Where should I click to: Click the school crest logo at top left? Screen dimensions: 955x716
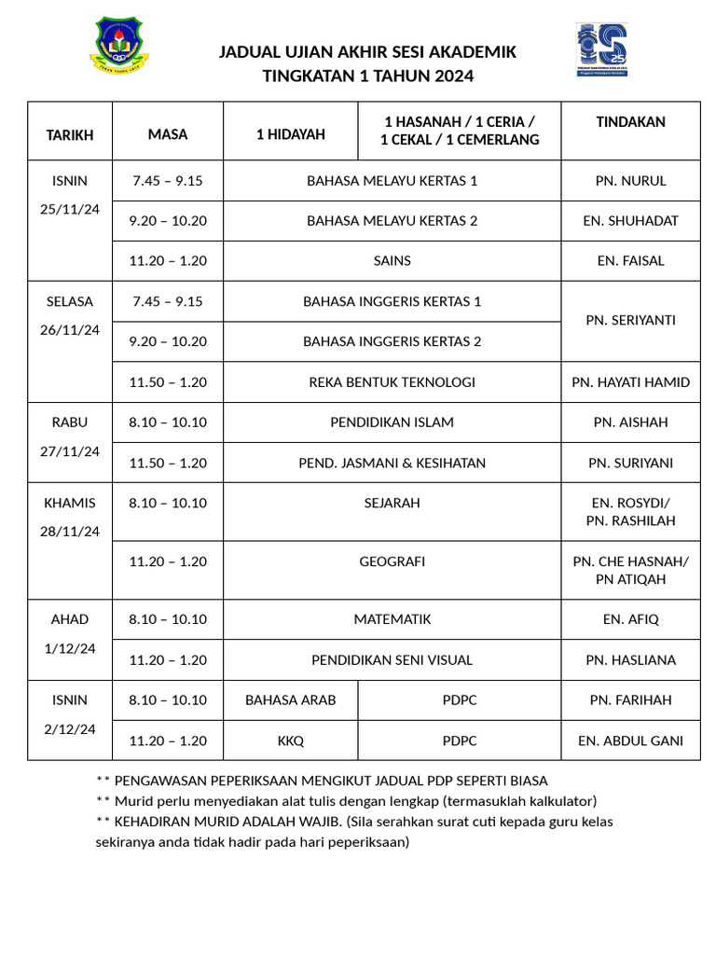[x=118, y=46]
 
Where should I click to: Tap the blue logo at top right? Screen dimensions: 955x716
[x=601, y=49]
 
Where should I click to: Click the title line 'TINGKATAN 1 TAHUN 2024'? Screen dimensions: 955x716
[x=367, y=76]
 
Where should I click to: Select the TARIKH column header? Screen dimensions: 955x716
[x=70, y=134]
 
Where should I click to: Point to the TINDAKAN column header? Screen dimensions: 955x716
[x=630, y=122]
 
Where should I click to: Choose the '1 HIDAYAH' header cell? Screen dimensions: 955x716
[x=291, y=134]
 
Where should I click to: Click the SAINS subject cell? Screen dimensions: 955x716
[x=392, y=261]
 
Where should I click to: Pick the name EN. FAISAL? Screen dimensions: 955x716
[x=630, y=261]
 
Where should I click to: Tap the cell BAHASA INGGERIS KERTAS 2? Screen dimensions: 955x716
[x=392, y=341]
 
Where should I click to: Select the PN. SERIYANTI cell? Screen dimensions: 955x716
[x=630, y=320]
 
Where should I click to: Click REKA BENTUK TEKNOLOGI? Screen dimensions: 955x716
[x=392, y=381]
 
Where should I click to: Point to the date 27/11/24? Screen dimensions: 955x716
[x=70, y=451]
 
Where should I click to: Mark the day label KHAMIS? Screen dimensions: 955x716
[x=70, y=503]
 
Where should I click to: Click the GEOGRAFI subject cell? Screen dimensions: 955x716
[x=392, y=561]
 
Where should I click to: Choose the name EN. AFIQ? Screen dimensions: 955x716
[x=630, y=619]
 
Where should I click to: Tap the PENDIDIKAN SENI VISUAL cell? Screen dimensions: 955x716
[x=392, y=659]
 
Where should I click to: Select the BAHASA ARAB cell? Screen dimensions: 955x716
[x=291, y=699]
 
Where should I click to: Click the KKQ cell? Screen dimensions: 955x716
[x=291, y=740]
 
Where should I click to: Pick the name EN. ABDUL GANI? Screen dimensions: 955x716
[x=630, y=740]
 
